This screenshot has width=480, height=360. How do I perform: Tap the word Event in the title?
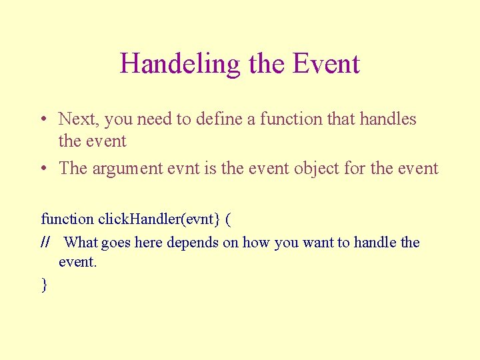point(327,64)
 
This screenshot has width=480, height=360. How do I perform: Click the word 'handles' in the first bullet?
point(388,119)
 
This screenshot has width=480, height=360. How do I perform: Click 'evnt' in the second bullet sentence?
point(182,169)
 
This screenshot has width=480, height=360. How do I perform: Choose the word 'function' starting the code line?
point(67,219)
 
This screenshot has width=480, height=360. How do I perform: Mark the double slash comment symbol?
point(45,243)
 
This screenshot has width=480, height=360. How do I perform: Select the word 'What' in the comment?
point(82,243)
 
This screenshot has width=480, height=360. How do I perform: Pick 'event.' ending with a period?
point(78,262)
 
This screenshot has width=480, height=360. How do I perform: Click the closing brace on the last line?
point(44,285)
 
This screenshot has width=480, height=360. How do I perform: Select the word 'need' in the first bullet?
point(155,119)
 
